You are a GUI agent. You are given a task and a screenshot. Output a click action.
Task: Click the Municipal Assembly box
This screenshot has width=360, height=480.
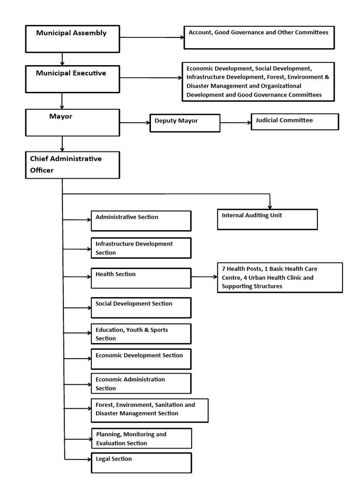click(72, 38)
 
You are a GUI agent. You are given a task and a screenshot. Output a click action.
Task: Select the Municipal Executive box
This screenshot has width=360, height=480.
click(72, 79)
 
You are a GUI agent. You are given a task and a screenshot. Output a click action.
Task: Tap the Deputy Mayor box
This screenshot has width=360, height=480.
click(185, 123)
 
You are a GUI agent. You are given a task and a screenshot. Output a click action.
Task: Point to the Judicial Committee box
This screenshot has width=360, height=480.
click(295, 121)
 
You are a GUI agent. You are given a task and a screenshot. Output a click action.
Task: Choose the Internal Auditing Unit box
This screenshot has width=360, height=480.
click(267, 219)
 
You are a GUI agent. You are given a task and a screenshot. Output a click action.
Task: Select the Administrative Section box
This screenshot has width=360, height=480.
click(141, 221)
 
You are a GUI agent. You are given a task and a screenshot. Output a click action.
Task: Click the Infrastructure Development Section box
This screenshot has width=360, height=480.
click(141, 248)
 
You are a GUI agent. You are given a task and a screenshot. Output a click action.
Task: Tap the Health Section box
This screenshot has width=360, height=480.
click(141, 278)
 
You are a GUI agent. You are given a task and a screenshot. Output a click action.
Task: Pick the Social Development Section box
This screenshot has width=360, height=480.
click(141, 307)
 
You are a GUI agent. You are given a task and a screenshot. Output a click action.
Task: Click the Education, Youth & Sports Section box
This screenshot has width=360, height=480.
click(141, 334)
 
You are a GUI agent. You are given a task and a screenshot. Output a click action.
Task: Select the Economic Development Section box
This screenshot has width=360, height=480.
click(141, 359)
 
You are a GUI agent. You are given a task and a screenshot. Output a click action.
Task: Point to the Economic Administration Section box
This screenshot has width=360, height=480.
click(141, 383)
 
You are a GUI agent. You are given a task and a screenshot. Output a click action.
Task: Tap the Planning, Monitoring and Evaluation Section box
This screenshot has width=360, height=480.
click(141, 439)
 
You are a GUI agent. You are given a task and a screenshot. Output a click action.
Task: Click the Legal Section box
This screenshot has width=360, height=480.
click(141, 463)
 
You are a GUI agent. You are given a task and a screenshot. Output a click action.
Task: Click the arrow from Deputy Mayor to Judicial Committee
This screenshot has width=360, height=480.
click(236, 123)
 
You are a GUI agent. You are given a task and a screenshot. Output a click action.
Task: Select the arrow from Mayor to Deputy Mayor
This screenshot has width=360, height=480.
click(135, 123)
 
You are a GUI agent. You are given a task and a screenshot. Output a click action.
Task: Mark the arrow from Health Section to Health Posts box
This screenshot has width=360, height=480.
click(204, 277)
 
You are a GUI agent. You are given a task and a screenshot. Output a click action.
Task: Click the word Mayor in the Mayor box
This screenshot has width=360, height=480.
click(61, 116)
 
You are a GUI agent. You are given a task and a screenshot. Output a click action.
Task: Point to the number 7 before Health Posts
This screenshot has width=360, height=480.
click(224, 269)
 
